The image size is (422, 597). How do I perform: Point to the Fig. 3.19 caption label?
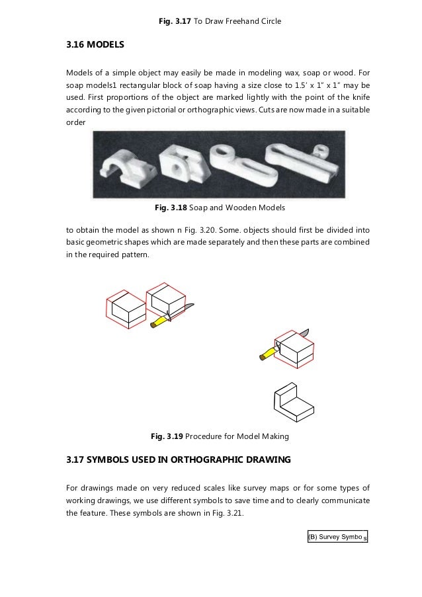pyautogui.click(x=167, y=436)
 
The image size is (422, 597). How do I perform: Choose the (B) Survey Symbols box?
pyautogui.click(x=337, y=536)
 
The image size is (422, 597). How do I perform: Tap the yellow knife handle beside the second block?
pyautogui.click(x=160, y=321)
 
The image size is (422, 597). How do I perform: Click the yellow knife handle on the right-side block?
pyautogui.click(x=267, y=352)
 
